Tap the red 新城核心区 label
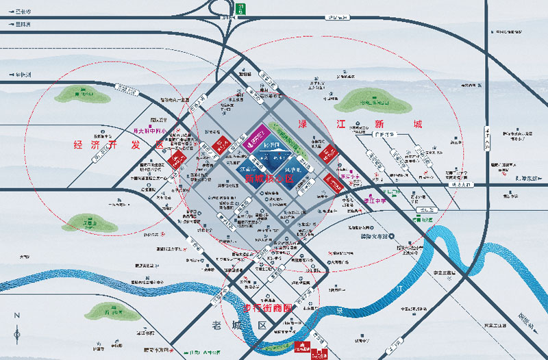tap(269, 179)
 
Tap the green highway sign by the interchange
tap(240, 8)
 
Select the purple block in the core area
tap(256, 138)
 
